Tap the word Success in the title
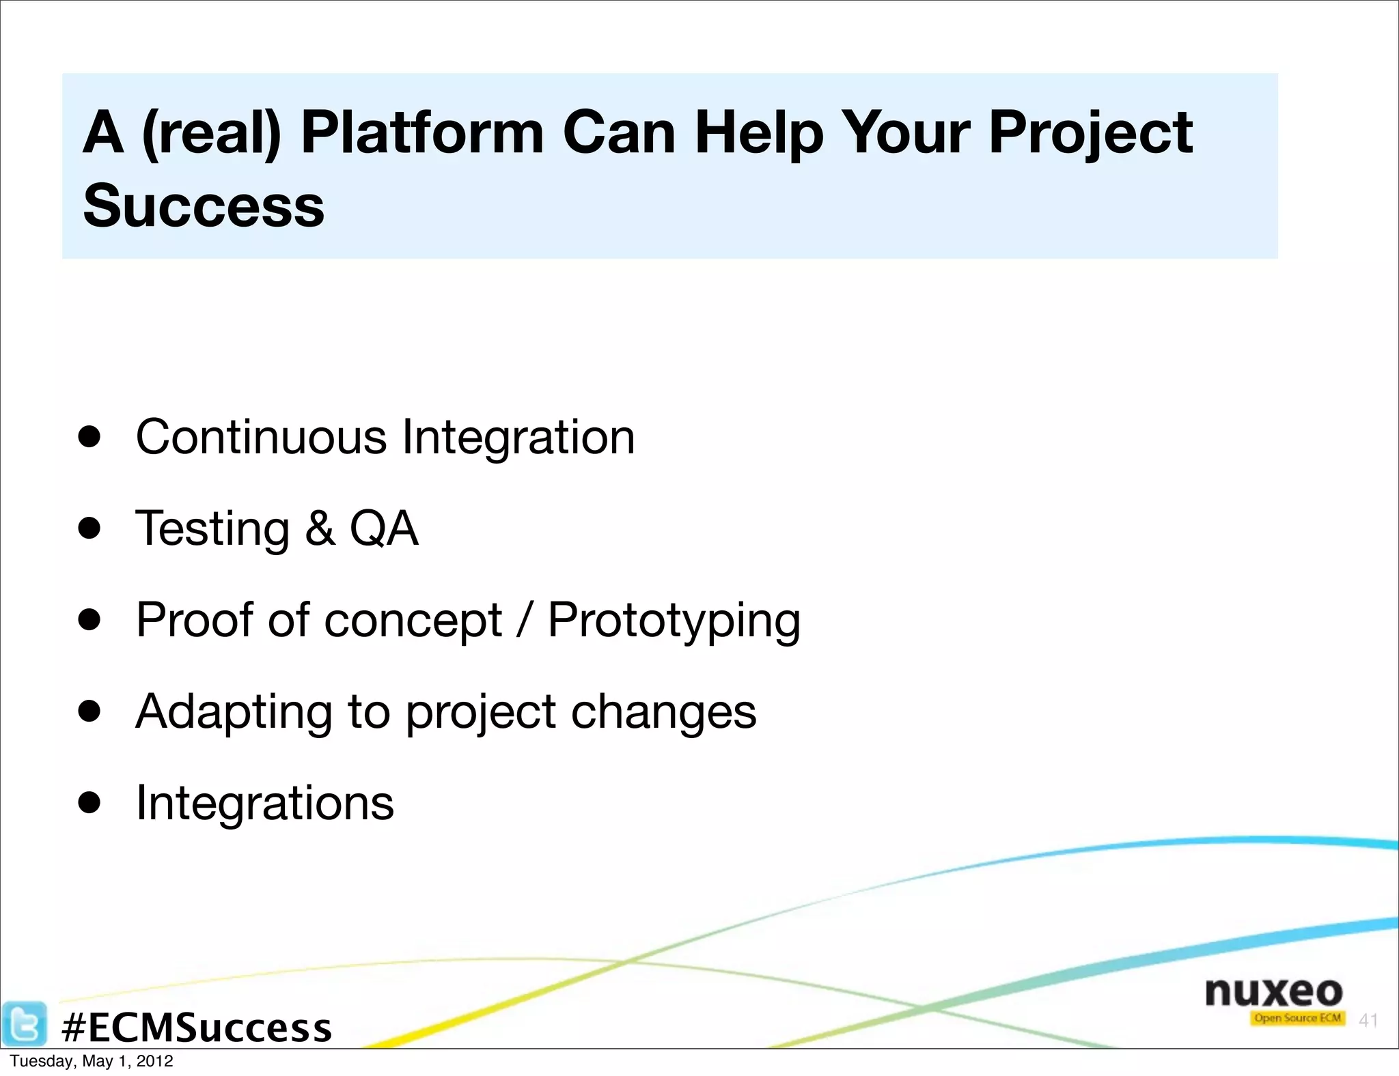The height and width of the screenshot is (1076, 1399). pyautogui.click(x=204, y=206)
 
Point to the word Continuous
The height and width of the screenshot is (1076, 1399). pyautogui.click(x=261, y=437)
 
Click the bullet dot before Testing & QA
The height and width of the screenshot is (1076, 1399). pyautogui.click(x=89, y=528)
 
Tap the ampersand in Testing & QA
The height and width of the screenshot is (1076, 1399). pyautogui.click(x=320, y=528)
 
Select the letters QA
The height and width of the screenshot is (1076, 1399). pyautogui.click(x=383, y=528)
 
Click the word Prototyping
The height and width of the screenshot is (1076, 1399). pyautogui.click(x=674, y=620)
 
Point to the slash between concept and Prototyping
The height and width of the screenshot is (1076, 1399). pyautogui.click(x=525, y=620)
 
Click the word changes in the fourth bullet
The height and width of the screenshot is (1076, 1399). pyautogui.click(x=663, y=711)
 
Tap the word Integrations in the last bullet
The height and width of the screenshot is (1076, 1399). pyautogui.click(x=265, y=802)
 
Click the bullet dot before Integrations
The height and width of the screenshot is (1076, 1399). pyautogui.click(x=89, y=803)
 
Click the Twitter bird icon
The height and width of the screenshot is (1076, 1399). pyautogui.click(x=25, y=1024)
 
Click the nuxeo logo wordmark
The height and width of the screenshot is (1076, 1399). pyautogui.click(x=1273, y=991)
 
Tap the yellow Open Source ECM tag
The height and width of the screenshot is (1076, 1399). pyautogui.click(x=1297, y=1018)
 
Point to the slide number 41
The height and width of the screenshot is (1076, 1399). pyautogui.click(x=1368, y=1020)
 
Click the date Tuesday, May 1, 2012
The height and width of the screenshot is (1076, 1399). pyautogui.click(x=92, y=1061)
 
